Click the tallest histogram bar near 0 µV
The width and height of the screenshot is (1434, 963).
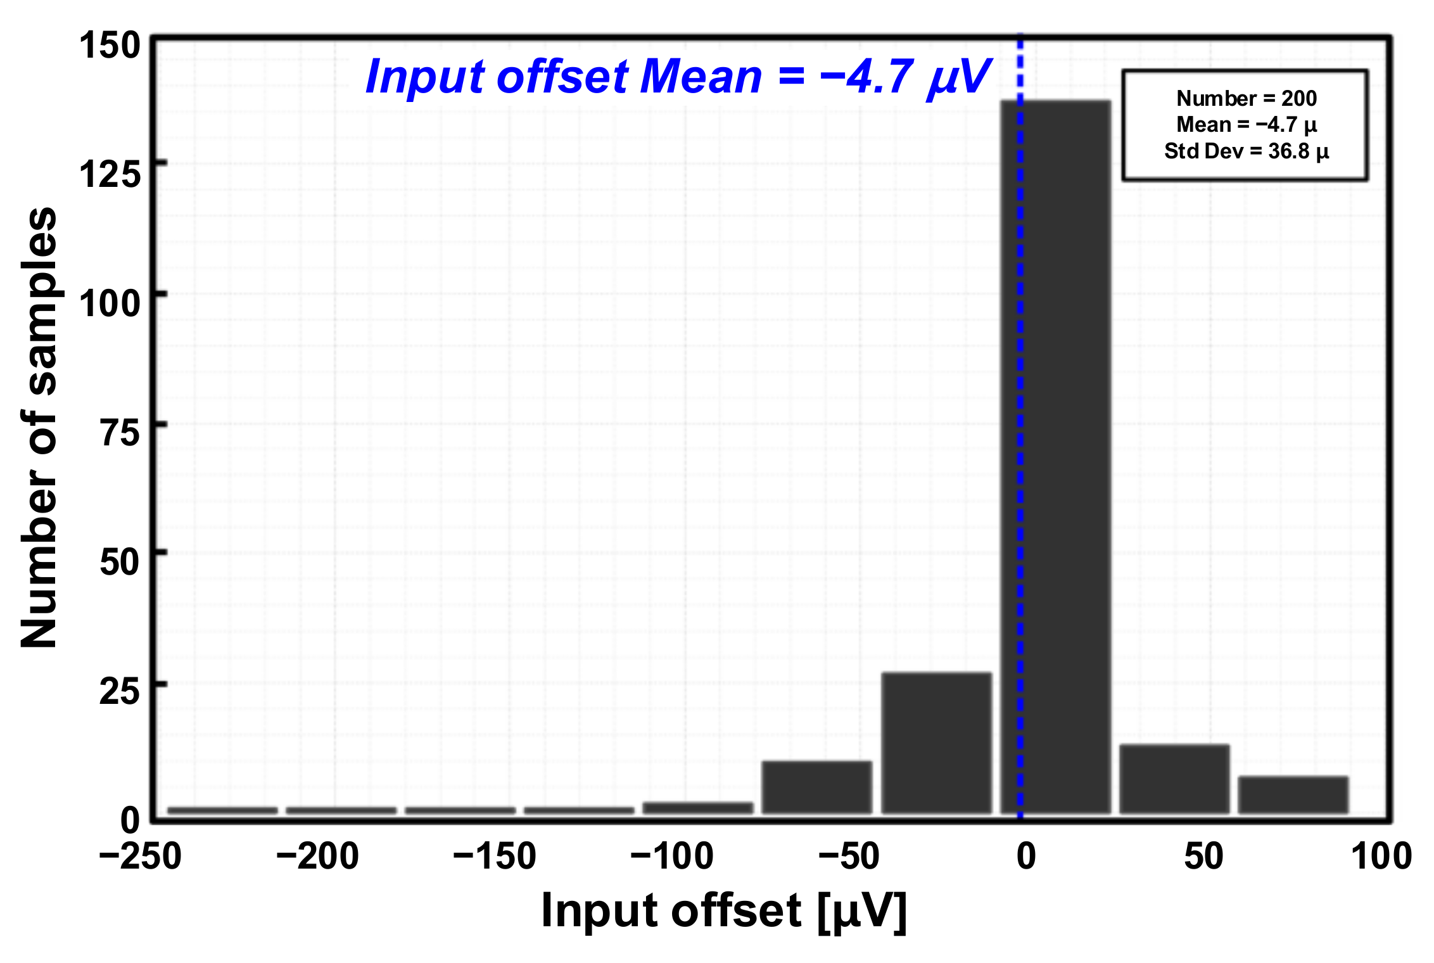pyautogui.click(x=1056, y=456)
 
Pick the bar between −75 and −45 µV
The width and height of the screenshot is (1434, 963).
pyautogui.click(x=817, y=787)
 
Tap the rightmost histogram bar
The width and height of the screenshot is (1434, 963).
pyautogui.click(x=1293, y=794)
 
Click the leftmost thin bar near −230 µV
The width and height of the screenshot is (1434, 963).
pyautogui.click(x=222, y=810)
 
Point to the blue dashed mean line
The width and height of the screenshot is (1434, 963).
pyautogui.click(x=1020, y=380)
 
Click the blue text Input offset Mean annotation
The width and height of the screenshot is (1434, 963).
pyautogui.click(x=678, y=77)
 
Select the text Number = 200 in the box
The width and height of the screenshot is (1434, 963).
pyautogui.click(x=1246, y=98)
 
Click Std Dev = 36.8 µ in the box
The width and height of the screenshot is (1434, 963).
pyautogui.click(x=1246, y=151)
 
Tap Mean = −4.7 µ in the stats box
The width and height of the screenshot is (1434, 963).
pyautogui.click(x=1246, y=125)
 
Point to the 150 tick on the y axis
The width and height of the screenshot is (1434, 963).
pyautogui.click(x=109, y=46)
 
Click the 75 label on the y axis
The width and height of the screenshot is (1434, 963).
pyautogui.click(x=120, y=433)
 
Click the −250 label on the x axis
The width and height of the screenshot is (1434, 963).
pyautogui.click(x=141, y=857)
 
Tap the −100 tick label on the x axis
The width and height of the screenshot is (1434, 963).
pyautogui.click(x=672, y=857)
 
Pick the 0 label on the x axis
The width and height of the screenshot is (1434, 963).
pyautogui.click(x=1025, y=857)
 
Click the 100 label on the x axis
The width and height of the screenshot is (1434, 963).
pyautogui.click(x=1381, y=857)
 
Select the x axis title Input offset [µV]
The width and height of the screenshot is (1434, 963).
pyautogui.click(x=724, y=911)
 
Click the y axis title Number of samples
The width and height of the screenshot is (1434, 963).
pyautogui.click(x=39, y=428)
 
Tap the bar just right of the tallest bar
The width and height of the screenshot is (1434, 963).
pyautogui.click(x=1174, y=779)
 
